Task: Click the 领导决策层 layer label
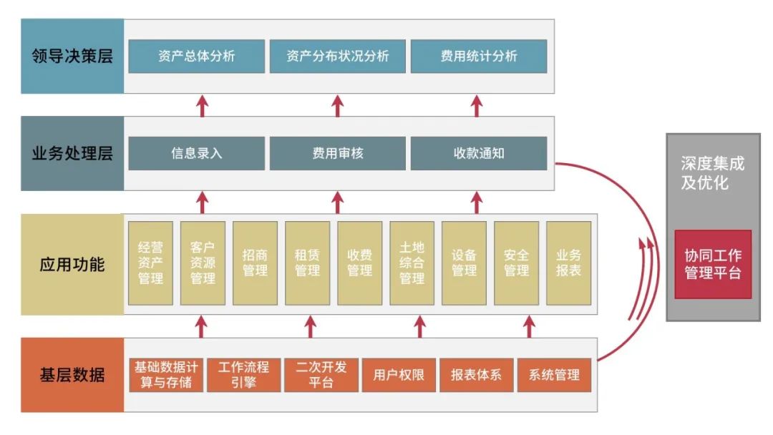[72, 57]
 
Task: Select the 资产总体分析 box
[196, 57]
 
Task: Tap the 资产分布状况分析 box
[337, 57]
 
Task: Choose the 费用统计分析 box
[478, 57]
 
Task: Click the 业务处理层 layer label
[72, 154]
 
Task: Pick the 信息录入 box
[196, 154]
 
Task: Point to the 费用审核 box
[337, 154]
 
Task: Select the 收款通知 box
[478, 154]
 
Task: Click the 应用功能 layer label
[72, 265]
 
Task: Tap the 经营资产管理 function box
[150, 263]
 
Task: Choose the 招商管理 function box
[255, 263]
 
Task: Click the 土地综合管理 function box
[412, 263]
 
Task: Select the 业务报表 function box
[568, 263]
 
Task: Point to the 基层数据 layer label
[72, 375]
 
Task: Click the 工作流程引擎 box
[243, 375]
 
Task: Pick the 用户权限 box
[399, 375]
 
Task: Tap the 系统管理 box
[554, 375]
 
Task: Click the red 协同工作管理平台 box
[712, 264]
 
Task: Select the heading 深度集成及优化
[712, 173]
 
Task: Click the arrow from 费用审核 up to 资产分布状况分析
[338, 105]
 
